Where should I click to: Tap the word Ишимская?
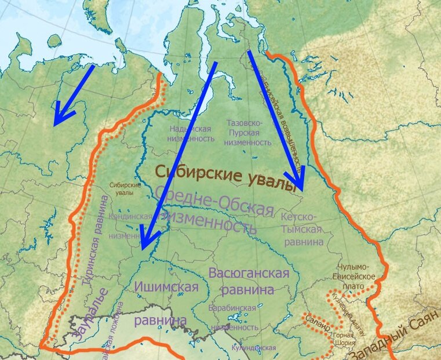point(166,286)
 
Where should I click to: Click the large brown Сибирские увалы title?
point(226,177)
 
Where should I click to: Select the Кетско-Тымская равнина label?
point(302,229)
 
